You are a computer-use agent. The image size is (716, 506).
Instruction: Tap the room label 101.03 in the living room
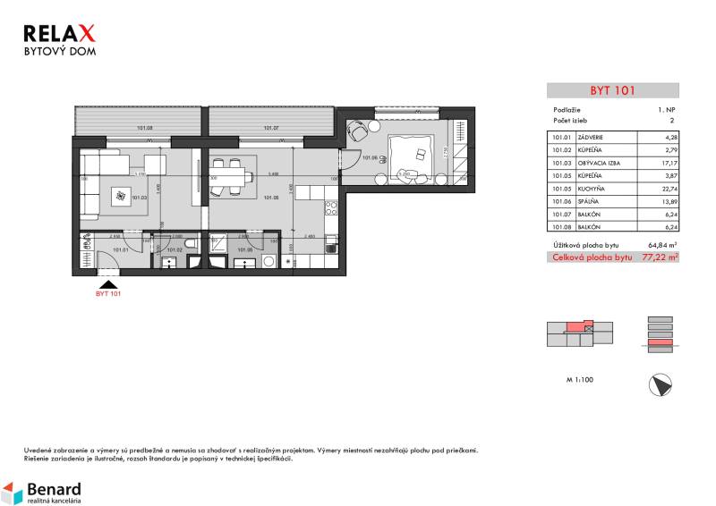click(x=139, y=198)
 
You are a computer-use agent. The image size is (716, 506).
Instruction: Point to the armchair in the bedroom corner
click(x=359, y=130)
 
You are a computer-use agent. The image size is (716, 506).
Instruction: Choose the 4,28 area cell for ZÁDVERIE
click(x=667, y=137)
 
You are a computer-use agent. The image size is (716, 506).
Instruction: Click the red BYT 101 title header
click(x=612, y=90)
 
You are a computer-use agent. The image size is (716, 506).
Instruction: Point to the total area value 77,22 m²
click(x=661, y=257)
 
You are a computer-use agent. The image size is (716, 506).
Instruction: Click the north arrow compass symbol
click(x=658, y=385)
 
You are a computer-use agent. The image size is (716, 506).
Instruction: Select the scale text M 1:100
click(x=580, y=380)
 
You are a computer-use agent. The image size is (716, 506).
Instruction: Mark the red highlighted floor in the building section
click(x=658, y=342)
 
